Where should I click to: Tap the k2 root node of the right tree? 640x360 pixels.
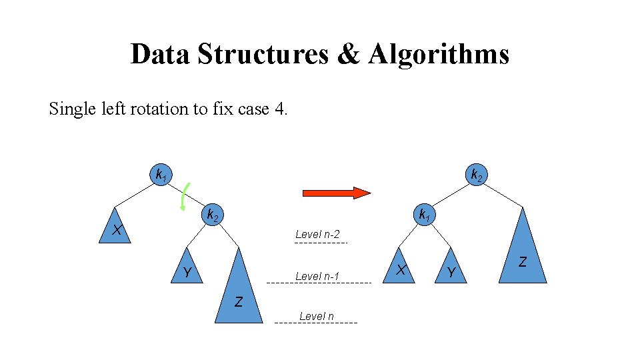476,175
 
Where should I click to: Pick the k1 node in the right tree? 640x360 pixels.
423,215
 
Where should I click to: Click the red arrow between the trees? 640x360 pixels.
336,193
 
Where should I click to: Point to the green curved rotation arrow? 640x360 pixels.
184,196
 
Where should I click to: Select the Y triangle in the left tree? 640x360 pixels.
187,269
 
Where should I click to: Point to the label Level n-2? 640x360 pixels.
317,234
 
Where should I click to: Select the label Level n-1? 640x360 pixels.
317,276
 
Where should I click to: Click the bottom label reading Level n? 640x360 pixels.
317,316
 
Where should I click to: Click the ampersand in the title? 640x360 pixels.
348,54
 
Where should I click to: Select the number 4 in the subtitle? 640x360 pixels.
279,109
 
